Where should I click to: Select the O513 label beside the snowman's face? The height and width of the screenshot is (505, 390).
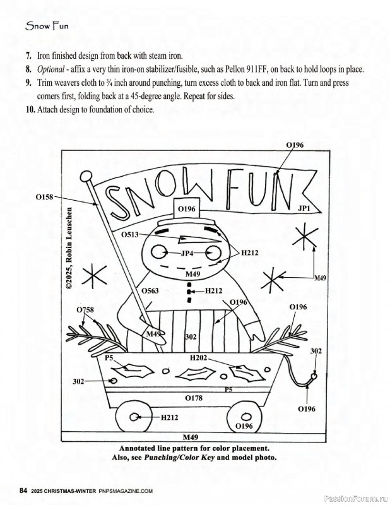point(131,234)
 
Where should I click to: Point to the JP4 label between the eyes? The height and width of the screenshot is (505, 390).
point(187,253)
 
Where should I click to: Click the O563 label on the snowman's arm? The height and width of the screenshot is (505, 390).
point(150,291)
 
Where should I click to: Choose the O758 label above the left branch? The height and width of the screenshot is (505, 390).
point(85,309)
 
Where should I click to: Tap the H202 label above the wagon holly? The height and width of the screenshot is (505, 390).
point(199,357)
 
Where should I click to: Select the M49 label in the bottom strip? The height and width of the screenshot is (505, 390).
point(190,437)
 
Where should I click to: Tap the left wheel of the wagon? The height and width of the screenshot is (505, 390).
point(136,417)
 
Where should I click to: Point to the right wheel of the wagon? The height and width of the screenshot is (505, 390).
point(245,417)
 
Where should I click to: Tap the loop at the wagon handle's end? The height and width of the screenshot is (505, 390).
point(314,377)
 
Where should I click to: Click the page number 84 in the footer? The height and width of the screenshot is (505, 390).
point(23,490)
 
